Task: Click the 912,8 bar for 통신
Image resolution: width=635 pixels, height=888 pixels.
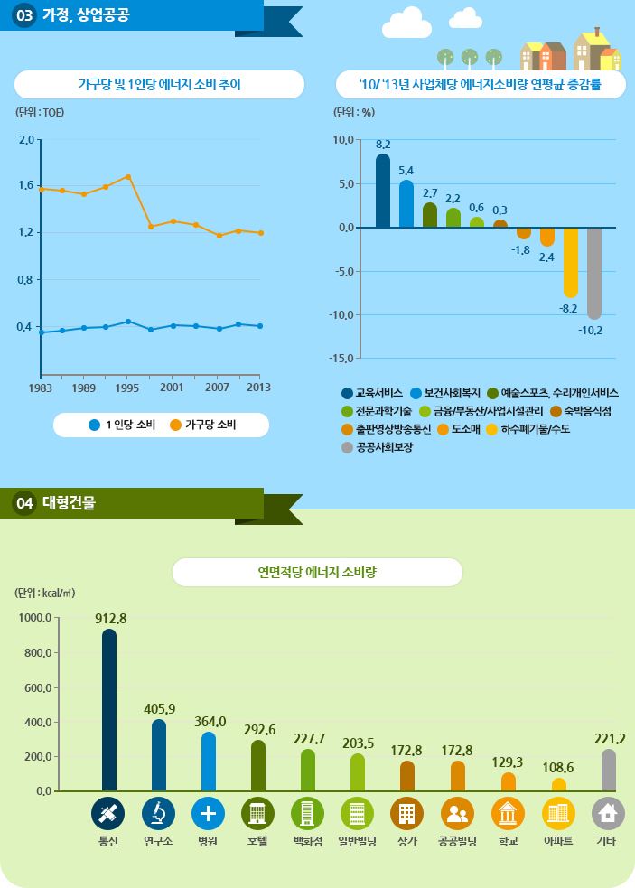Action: [x=109, y=710]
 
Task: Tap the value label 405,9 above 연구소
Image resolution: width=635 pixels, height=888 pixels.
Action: [x=159, y=708]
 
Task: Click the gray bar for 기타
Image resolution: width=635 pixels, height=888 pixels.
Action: [x=609, y=771]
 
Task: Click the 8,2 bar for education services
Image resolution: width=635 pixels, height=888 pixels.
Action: [x=383, y=191]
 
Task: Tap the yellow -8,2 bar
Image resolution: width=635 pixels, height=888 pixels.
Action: [x=570, y=262]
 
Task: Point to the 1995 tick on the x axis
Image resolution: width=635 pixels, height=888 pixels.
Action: [x=128, y=388]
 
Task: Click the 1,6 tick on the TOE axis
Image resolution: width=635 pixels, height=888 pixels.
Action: [x=24, y=185]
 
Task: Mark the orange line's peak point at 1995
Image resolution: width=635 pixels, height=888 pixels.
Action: [x=128, y=176]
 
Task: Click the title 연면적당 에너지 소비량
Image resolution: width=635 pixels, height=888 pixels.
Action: [x=317, y=572]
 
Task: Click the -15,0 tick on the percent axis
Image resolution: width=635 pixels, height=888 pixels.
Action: [x=342, y=359]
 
